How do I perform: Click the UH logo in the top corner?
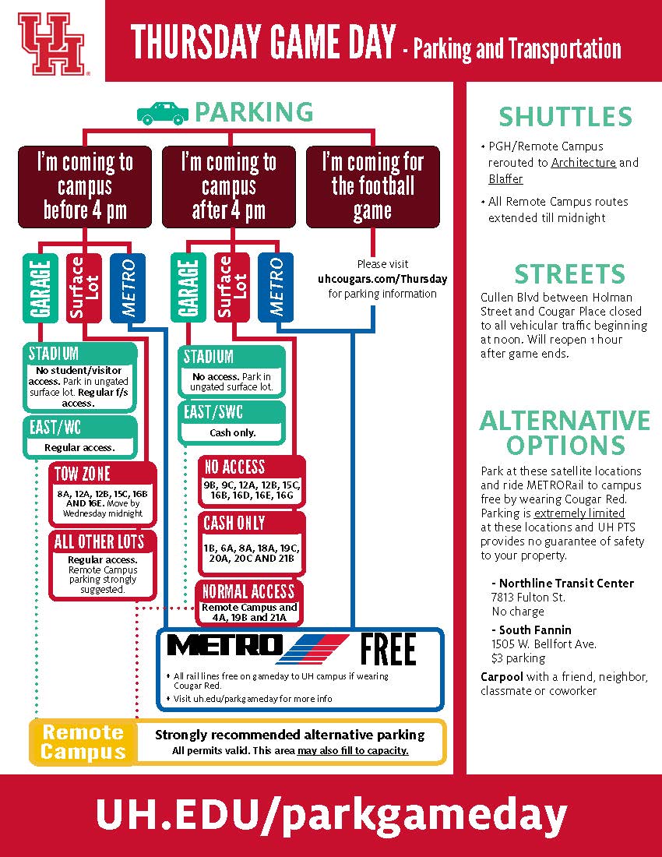coord(51,42)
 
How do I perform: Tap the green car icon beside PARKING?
coord(162,114)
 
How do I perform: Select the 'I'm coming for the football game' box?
coord(372,186)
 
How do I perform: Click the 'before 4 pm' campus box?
coord(85,186)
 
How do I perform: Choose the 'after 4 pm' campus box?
coord(228,186)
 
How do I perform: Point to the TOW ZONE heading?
coord(82,474)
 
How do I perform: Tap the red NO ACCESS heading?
coord(234,467)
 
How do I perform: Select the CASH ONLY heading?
coord(234,523)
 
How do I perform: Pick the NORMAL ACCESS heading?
coord(248,591)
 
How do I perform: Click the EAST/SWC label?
coord(208,412)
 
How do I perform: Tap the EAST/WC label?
coord(55,428)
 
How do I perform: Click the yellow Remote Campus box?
coord(83,742)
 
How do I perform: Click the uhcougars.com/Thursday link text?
coord(382,279)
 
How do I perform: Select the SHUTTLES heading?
coord(565,117)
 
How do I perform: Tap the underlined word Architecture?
coord(583,163)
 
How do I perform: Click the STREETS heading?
coord(569,274)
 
